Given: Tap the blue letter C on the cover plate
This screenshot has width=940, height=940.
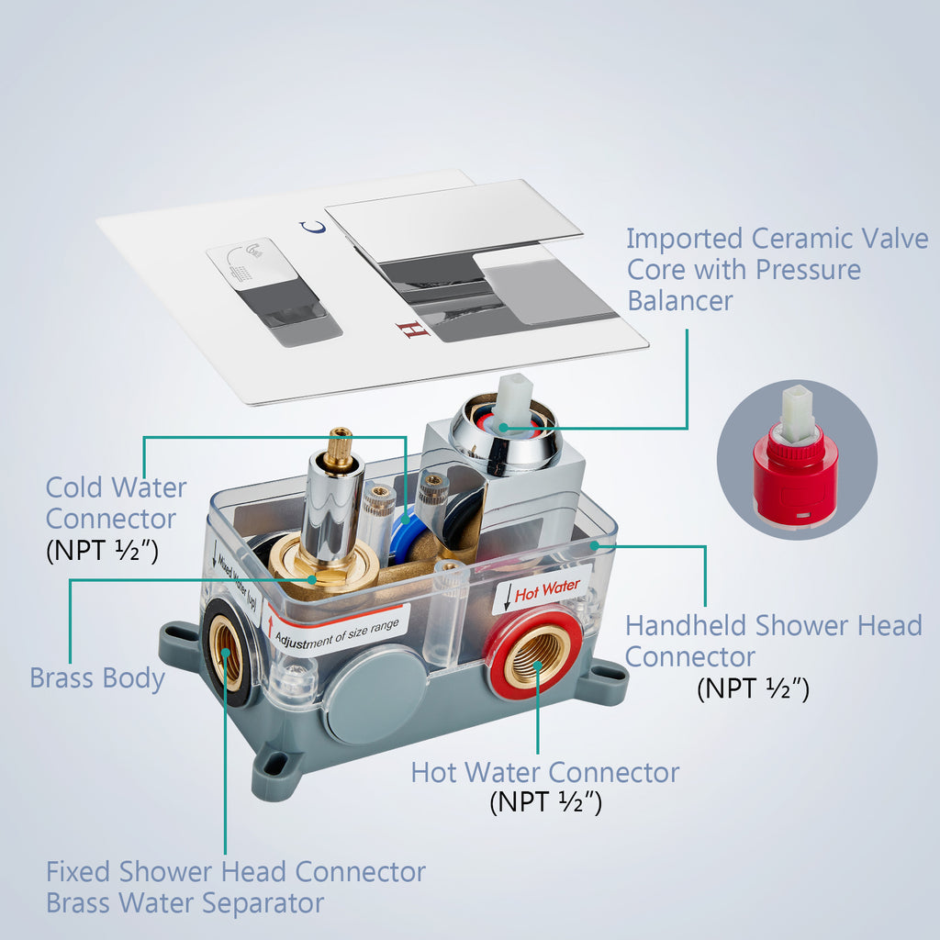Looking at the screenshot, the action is click(313, 228).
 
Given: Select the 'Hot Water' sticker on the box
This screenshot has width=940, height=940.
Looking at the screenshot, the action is click(542, 590).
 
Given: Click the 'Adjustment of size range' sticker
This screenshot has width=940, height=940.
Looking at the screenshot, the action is click(336, 632).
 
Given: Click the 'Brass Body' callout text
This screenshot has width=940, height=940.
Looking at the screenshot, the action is click(97, 678).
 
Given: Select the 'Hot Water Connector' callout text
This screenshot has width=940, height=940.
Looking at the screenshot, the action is click(545, 772).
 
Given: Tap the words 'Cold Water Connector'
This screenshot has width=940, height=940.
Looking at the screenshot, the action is click(117, 503).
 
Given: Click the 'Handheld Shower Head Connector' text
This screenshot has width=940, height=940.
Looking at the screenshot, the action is click(773, 641).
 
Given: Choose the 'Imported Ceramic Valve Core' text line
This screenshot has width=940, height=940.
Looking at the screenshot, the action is click(777, 238).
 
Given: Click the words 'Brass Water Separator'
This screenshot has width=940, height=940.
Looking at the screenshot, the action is click(185, 903).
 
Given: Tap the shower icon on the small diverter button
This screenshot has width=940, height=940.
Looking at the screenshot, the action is click(247, 261).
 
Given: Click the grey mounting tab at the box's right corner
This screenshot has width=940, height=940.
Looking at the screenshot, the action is click(606, 676).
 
